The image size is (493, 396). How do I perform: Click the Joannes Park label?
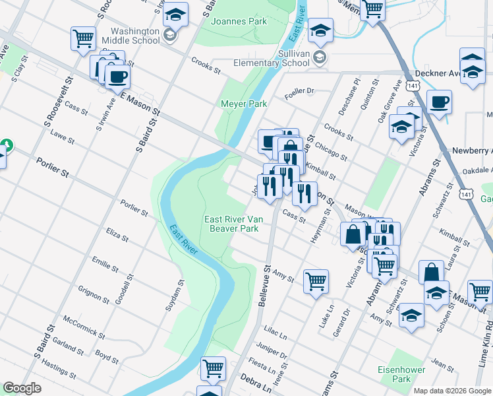[x=239, y=21]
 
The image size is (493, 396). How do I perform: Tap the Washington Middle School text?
[x=135, y=36]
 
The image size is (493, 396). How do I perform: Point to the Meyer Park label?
[x=244, y=104]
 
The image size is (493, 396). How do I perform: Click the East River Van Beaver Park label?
[x=231, y=224]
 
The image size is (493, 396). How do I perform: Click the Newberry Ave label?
[x=472, y=150]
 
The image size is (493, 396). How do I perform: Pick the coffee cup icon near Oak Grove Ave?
[x=439, y=102]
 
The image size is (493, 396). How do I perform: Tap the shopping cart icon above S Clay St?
[x=83, y=38]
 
